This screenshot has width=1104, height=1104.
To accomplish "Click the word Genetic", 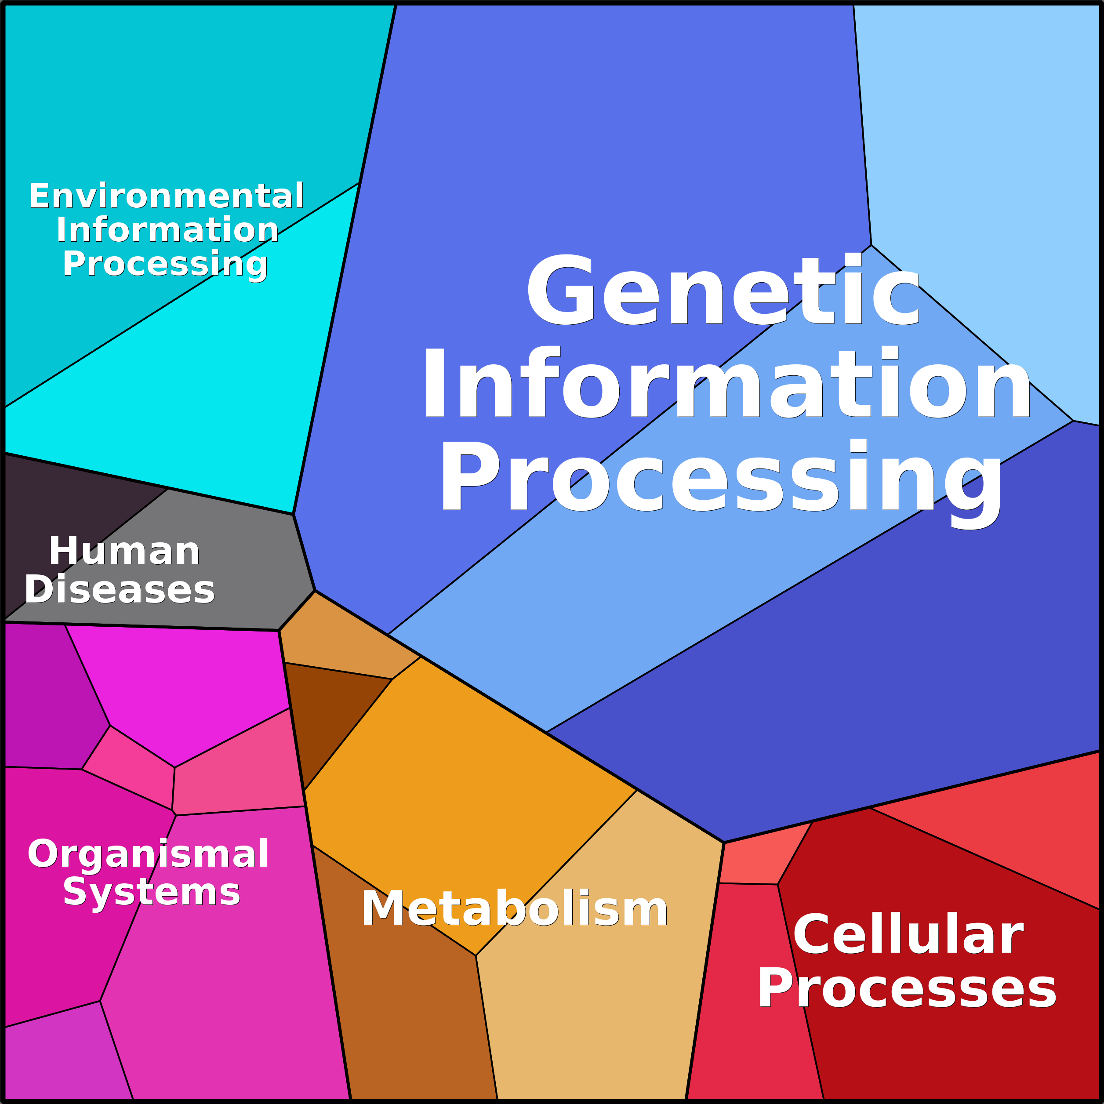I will pos(723,291).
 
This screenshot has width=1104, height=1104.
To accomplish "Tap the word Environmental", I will pos(166,196).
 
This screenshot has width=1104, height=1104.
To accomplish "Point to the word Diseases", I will pos(120,589).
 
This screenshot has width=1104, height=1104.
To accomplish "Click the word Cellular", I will pos(908,934).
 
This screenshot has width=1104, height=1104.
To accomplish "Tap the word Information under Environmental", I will pos(167,230).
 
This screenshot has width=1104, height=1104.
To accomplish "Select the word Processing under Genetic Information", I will pos(720,477).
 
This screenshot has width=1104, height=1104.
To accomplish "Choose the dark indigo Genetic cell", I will pos(857,686).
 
